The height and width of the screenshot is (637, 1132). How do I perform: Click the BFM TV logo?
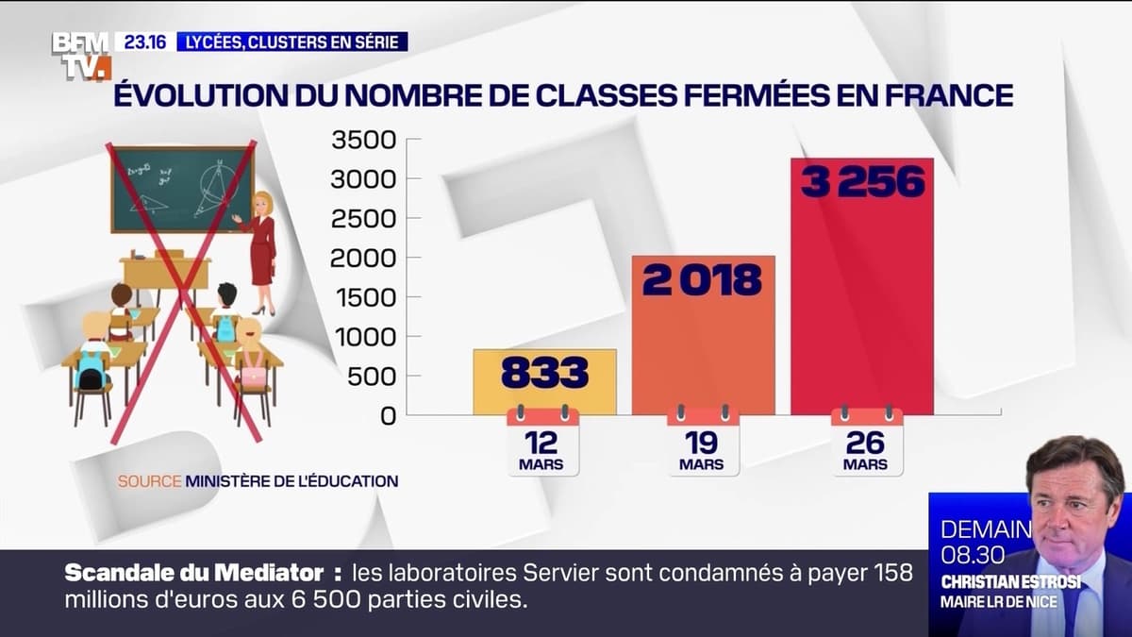tap(81, 55)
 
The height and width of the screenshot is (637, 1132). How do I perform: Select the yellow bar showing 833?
tap(544, 381)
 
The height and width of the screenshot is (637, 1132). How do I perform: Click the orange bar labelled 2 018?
tap(703, 335)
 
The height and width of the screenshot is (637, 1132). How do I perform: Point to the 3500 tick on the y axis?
tap(362, 140)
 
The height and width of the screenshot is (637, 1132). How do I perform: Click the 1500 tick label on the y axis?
tap(362, 297)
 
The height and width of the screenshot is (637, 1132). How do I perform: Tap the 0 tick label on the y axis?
tap(388, 415)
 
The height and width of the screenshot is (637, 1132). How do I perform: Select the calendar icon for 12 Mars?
tap(542, 440)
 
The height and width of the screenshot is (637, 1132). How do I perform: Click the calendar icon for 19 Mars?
tap(703, 440)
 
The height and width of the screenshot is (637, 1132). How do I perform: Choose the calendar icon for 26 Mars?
tap(866, 440)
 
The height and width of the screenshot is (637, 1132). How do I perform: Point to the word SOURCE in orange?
tap(149, 481)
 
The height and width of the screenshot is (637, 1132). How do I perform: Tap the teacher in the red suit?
tap(259, 250)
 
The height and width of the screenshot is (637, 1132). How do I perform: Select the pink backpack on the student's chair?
tap(253, 375)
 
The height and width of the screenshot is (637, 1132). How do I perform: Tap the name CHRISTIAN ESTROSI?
tap(1010, 582)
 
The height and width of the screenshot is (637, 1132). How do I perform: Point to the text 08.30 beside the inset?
tap(973, 555)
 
